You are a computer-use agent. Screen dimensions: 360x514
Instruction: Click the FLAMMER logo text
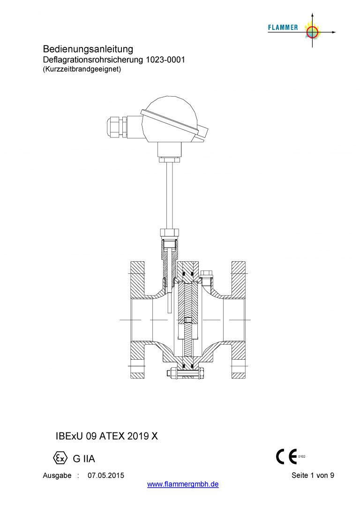point(283,28)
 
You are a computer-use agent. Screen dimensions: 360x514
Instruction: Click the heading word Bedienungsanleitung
point(88,49)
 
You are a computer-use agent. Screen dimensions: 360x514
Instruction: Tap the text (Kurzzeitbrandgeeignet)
point(82,69)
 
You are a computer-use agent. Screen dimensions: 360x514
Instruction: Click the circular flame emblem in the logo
point(312,32)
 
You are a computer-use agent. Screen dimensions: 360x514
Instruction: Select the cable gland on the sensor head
point(116,128)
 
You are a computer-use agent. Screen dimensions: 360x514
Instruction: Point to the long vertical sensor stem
point(169,196)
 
